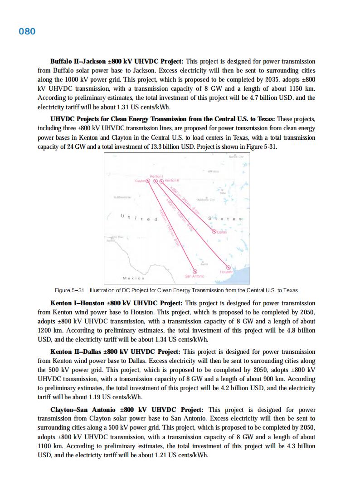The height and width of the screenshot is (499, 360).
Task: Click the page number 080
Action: [27, 31]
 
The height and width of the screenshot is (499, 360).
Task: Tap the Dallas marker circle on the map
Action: [214, 232]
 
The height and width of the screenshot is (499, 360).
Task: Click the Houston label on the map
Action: [226, 272]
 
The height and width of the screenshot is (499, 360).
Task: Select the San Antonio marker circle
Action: [195, 272]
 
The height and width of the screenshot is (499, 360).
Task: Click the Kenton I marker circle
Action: [156, 181]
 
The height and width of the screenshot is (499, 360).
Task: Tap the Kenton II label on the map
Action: [172, 181]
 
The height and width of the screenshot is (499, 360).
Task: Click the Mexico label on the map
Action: [134, 278]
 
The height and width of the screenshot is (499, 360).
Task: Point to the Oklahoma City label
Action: [205, 200]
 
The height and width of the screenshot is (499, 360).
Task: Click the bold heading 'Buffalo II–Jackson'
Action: [78, 61]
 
